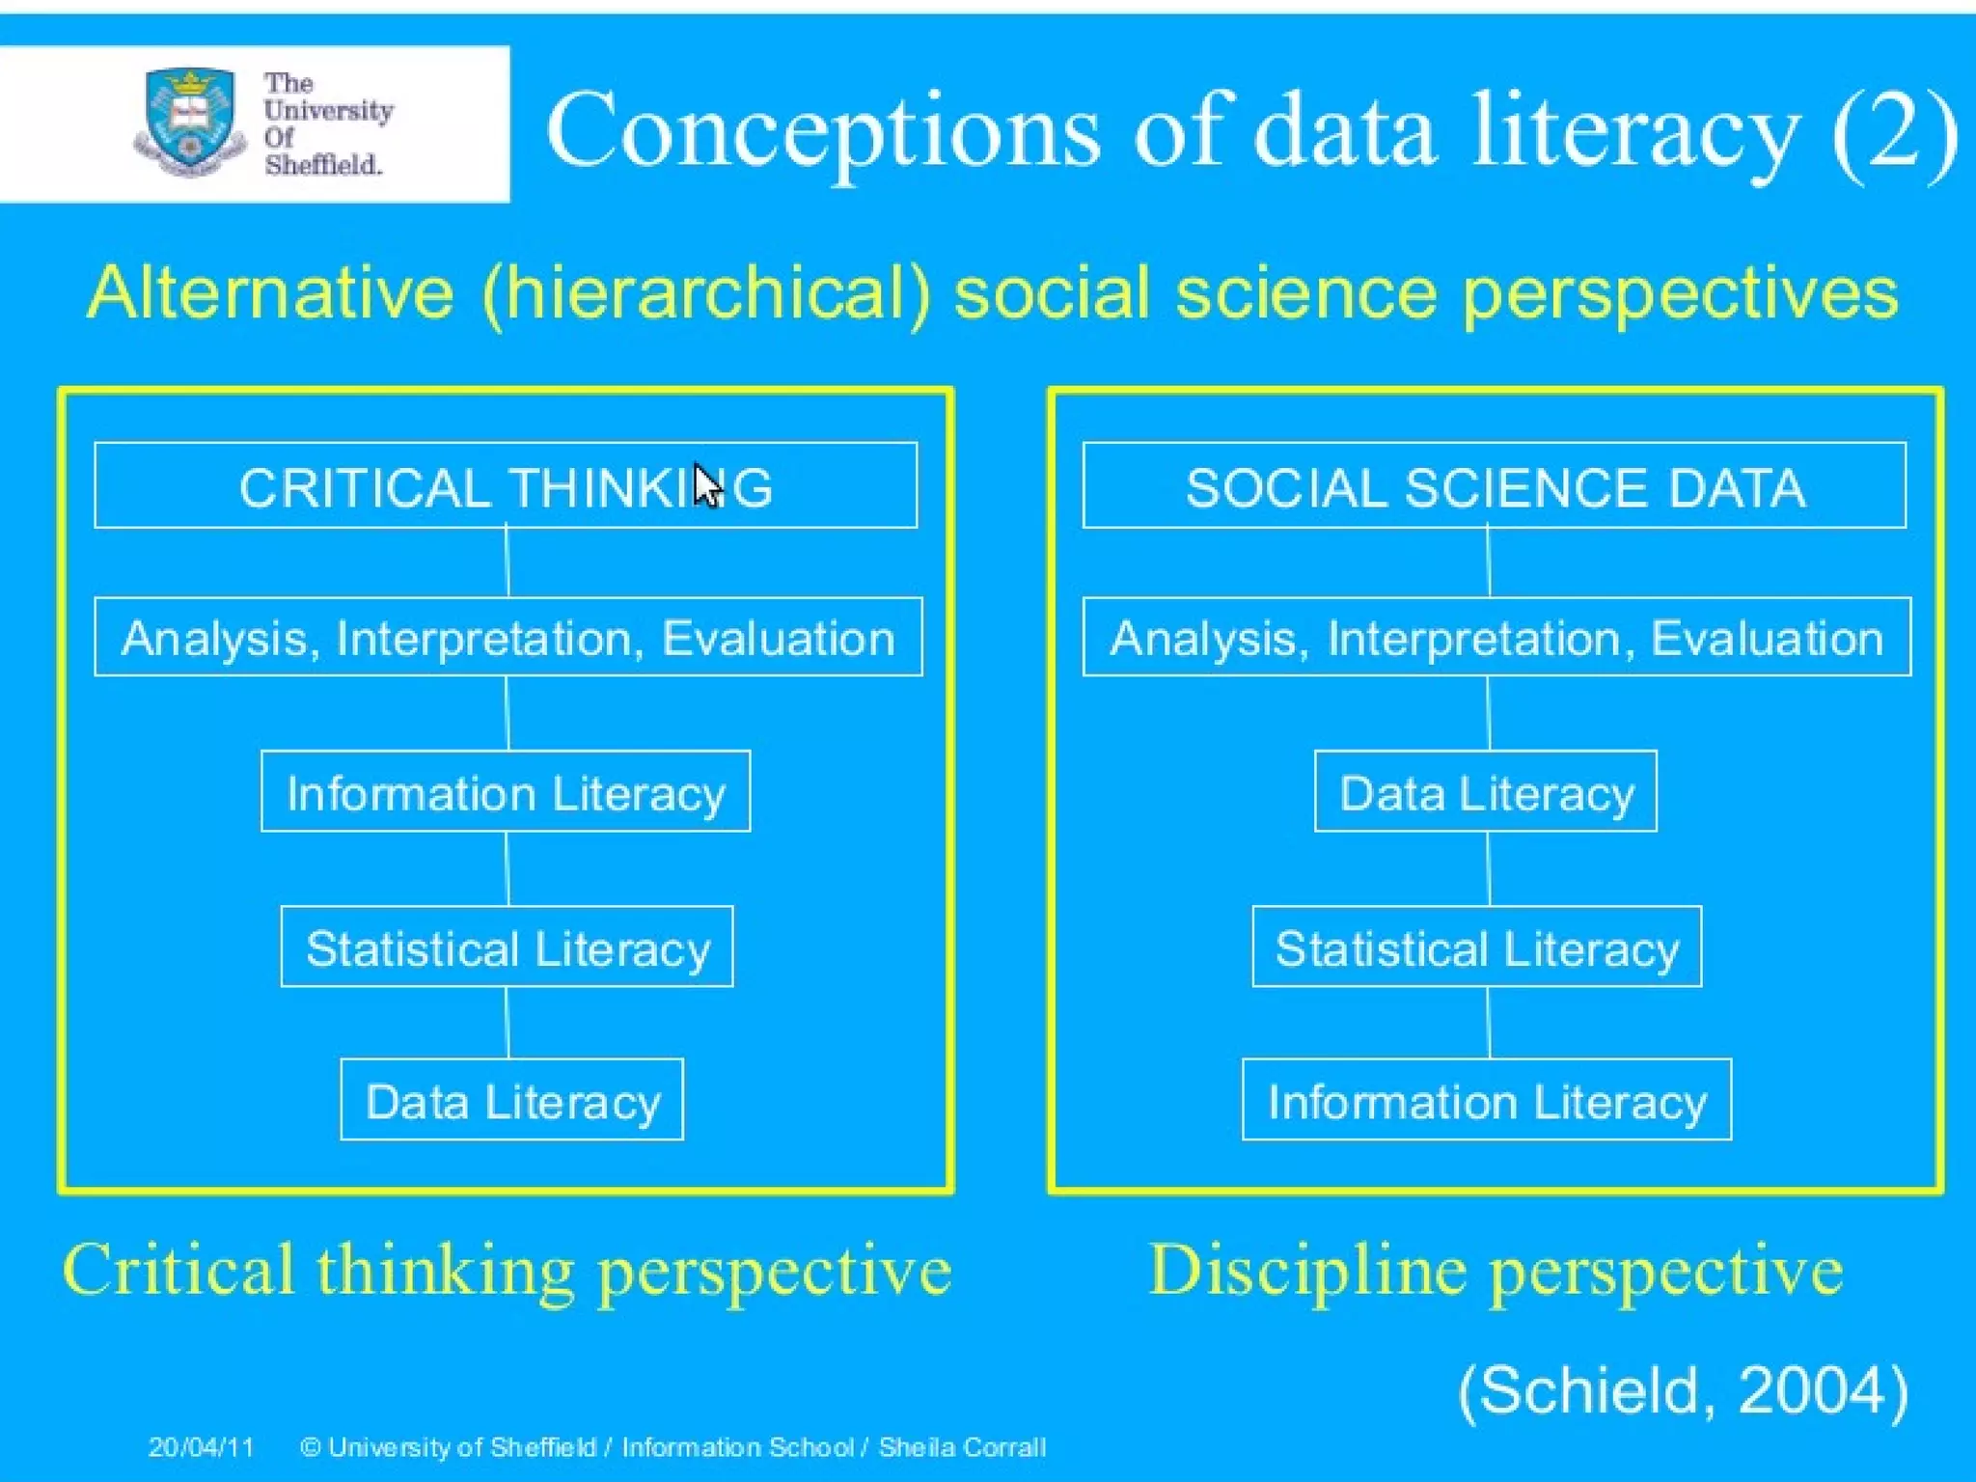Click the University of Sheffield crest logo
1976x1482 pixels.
(x=189, y=122)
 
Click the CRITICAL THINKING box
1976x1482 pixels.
(x=506, y=485)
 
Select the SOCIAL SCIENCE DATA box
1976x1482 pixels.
(x=1494, y=485)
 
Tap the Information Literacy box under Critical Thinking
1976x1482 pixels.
(x=506, y=791)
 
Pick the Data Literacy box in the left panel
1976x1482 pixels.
(x=512, y=1100)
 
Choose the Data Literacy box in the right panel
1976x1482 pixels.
(x=1486, y=791)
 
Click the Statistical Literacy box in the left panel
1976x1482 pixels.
(x=508, y=947)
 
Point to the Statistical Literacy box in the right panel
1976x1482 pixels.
(x=1477, y=947)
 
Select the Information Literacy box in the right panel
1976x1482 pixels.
(x=1487, y=1100)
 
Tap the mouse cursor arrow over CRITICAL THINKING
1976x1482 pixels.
(x=707, y=485)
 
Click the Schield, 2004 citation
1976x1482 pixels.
(x=1683, y=1390)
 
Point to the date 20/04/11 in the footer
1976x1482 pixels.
(x=201, y=1447)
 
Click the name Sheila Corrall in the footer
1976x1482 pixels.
(x=962, y=1447)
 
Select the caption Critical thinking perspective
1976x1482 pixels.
(x=508, y=1271)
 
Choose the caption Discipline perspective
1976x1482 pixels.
(x=1496, y=1271)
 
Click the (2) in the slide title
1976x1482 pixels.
(x=1895, y=131)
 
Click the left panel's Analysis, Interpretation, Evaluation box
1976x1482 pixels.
(x=508, y=637)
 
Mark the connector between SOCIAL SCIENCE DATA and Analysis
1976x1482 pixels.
(x=1489, y=563)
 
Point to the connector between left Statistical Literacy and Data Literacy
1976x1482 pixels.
(x=508, y=1023)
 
